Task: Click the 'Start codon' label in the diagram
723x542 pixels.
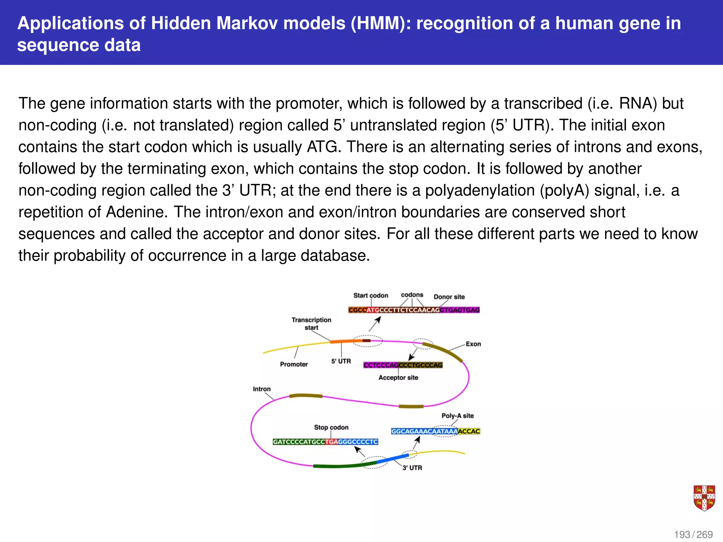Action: (371, 295)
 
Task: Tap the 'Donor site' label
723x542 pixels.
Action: (449, 297)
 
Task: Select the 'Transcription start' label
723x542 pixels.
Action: (311, 324)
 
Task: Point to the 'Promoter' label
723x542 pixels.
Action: (294, 364)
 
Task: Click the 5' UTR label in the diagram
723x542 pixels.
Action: (341, 361)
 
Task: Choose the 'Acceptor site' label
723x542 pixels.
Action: (398, 378)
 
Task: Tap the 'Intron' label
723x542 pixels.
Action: (262, 389)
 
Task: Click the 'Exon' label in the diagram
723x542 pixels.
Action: (473, 344)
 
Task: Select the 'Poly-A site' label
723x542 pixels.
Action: (458, 416)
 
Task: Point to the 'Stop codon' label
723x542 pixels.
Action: (331, 427)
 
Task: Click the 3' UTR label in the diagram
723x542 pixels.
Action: (412, 468)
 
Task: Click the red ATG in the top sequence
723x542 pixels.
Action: (373, 310)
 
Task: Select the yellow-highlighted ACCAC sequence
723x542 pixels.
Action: (469, 431)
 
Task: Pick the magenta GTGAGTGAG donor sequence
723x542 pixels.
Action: (460, 310)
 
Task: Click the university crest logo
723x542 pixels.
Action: (704, 498)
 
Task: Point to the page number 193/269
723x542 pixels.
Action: (693, 535)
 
